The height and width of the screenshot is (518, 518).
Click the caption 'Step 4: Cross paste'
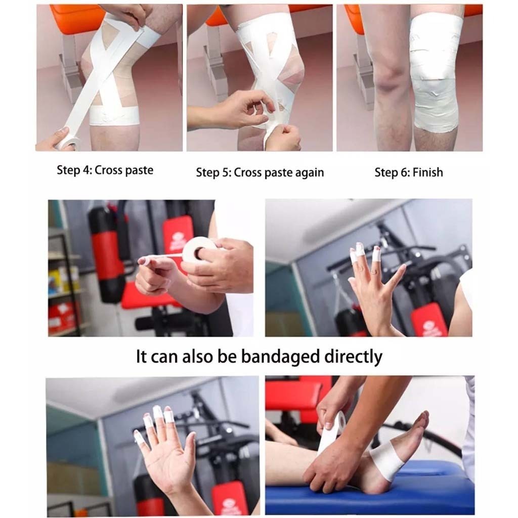(105, 170)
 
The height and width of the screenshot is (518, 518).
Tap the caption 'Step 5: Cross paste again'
(260, 173)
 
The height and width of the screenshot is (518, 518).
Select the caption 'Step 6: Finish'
(409, 172)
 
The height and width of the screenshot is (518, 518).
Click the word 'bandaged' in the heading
(281, 357)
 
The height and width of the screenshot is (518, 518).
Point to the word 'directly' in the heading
(354, 357)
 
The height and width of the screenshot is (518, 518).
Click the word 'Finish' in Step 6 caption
(428, 172)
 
